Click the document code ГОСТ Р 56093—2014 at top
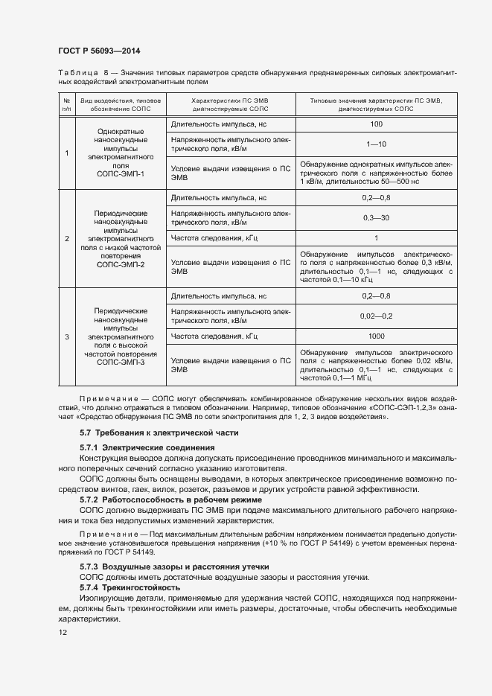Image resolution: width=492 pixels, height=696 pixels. (x=99, y=51)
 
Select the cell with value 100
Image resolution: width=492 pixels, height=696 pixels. (x=376, y=124)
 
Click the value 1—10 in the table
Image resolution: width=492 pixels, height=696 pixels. (x=376, y=144)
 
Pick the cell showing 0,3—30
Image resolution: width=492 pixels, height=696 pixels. (x=376, y=217)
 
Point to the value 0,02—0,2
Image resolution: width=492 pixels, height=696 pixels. (x=376, y=316)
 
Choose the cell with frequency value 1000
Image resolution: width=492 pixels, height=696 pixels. (x=376, y=336)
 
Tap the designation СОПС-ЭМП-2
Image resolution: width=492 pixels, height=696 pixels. (x=121, y=264)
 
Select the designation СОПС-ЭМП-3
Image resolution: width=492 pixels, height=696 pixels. (x=121, y=363)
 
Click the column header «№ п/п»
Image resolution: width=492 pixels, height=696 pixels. (x=67, y=104)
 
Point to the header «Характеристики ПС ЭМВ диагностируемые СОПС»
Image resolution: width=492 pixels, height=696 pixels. (x=230, y=104)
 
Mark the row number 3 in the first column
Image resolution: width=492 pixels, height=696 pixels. (x=67, y=336)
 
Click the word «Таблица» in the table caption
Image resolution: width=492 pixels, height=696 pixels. (x=78, y=72)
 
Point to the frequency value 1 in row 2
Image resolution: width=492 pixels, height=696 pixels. (x=376, y=238)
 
